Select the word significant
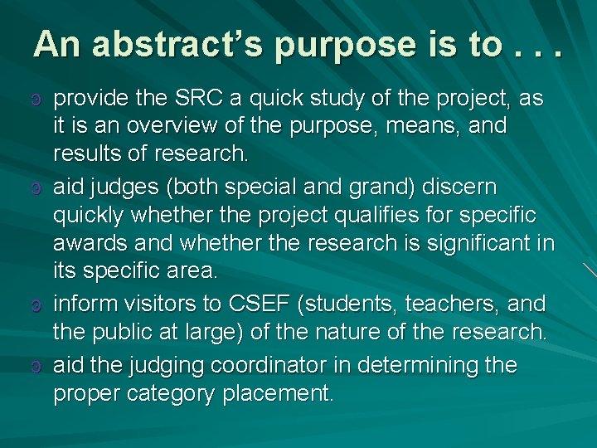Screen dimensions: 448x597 point(473,244)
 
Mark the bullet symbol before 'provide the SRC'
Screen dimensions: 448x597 point(34,100)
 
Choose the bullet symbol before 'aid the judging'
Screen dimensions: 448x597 point(34,367)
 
